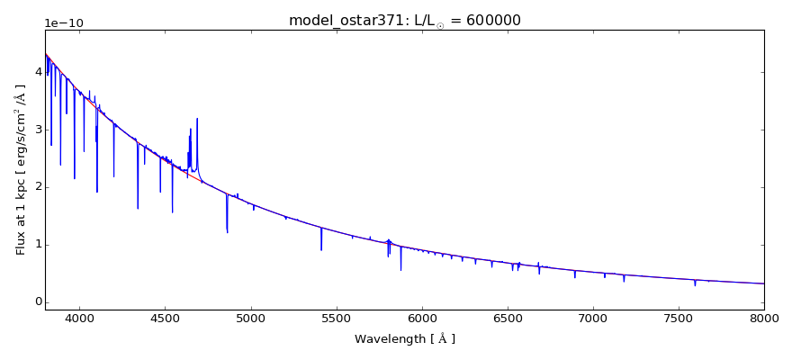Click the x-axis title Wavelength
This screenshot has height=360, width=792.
[x=404, y=339]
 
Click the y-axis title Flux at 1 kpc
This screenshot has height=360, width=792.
[x=20, y=169]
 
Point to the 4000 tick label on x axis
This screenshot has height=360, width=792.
[x=79, y=318]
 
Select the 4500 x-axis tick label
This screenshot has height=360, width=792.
[x=165, y=318]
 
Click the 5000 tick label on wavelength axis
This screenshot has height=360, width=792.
[x=250, y=318]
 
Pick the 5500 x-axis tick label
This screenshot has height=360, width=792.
[x=336, y=318]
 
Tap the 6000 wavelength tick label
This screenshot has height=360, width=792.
[x=421, y=318]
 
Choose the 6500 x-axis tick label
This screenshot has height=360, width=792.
[x=507, y=318]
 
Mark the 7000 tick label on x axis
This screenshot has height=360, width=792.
[x=593, y=318]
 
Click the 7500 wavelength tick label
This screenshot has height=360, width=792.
[x=679, y=318]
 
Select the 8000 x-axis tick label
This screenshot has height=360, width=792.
[x=764, y=318]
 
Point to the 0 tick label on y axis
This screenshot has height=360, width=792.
[x=37, y=301]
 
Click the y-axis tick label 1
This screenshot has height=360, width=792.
[x=37, y=244]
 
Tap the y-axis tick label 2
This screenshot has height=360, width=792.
[x=37, y=186]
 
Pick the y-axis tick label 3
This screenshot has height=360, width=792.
[x=37, y=129]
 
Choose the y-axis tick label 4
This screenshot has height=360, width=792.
[x=37, y=71]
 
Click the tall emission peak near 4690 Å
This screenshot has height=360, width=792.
[x=197, y=119]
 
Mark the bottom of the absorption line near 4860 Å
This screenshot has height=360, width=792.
[x=227, y=232]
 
